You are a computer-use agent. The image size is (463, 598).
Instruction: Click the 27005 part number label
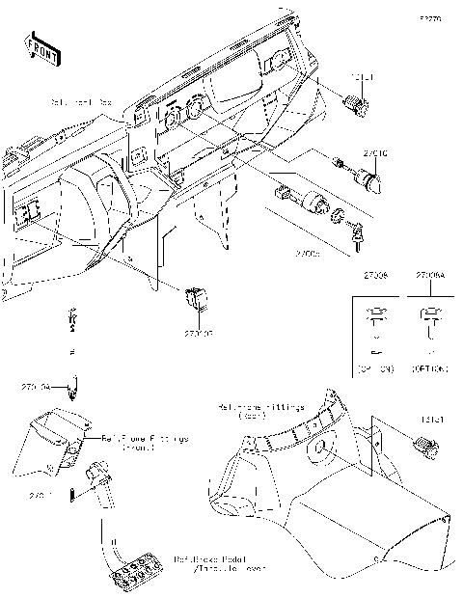tap(309, 253)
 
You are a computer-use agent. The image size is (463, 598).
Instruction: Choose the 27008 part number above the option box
tap(374, 276)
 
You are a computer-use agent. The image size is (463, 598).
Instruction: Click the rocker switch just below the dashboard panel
tap(197, 296)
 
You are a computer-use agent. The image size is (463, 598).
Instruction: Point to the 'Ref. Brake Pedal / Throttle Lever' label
tap(217, 564)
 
